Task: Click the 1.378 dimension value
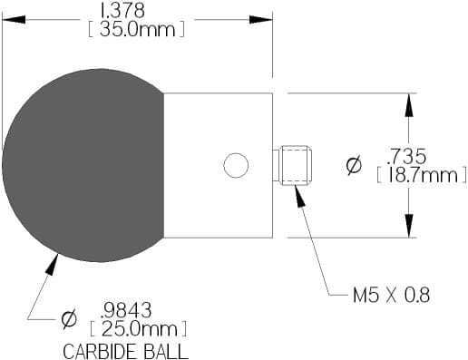point(122,11)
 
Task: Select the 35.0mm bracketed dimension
point(136,30)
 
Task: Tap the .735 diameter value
point(407,157)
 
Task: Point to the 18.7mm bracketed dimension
point(422,175)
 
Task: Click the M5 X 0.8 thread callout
point(391,295)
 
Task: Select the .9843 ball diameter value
point(126,310)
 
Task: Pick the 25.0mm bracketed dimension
point(139,329)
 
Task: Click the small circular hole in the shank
point(236,165)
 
